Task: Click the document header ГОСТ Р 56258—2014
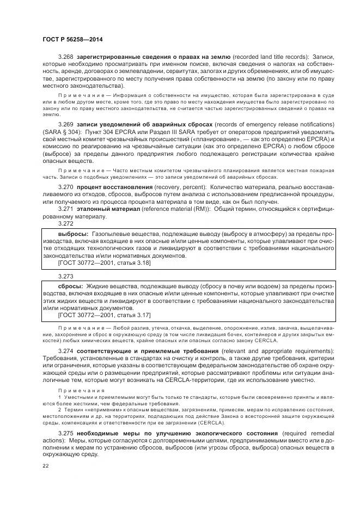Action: pos(72,39)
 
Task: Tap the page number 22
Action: pos(45,466)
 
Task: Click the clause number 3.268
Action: pos(66,57)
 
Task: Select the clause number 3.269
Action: pos(66,125)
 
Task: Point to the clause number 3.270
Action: pos(66,187)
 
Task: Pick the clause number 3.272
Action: pos(65,224)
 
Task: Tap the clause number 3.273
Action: pos(65,277)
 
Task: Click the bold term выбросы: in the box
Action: pos(74,234)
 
